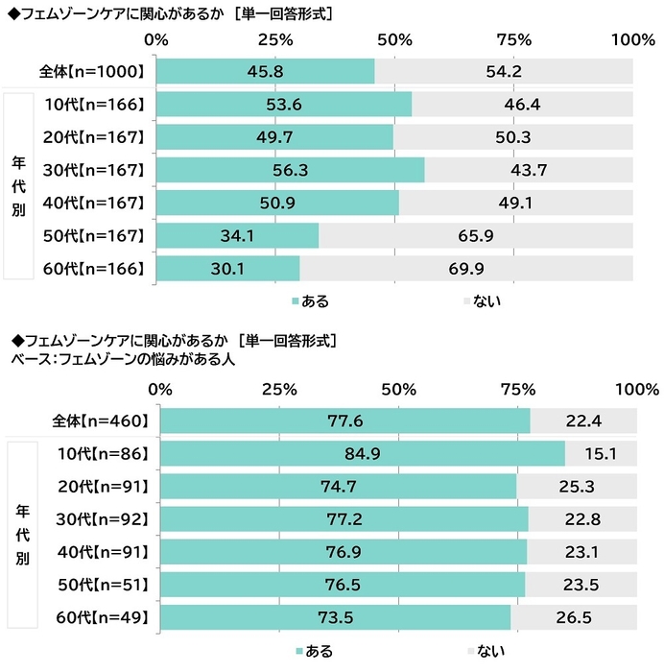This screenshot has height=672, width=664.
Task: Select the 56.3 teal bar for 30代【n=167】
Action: coord(290,170)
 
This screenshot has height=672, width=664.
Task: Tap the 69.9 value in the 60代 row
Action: coord(466,269)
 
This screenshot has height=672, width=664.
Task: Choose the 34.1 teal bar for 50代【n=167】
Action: coord(237,236)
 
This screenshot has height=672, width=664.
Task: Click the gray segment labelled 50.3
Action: coord(513,137)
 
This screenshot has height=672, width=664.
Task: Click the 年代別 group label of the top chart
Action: coord(19,186)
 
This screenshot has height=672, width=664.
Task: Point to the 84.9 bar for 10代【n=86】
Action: coord(363,452)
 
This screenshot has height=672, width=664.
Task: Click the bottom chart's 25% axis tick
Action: coord(278,389)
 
